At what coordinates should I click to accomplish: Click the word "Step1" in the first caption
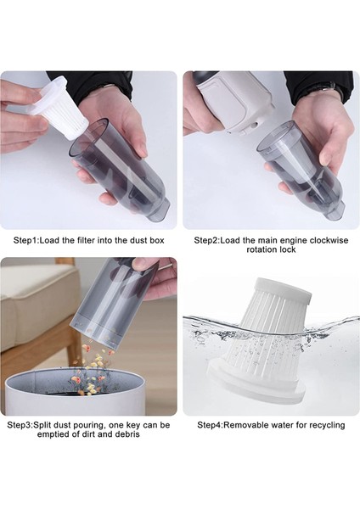pos(25,241)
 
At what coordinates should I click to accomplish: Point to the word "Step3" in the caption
pos(20,425)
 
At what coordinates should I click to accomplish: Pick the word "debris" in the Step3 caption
pos(127,434)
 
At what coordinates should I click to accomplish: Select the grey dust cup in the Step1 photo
pos(119,171)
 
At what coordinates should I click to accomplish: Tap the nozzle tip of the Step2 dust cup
pos(336,210)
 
